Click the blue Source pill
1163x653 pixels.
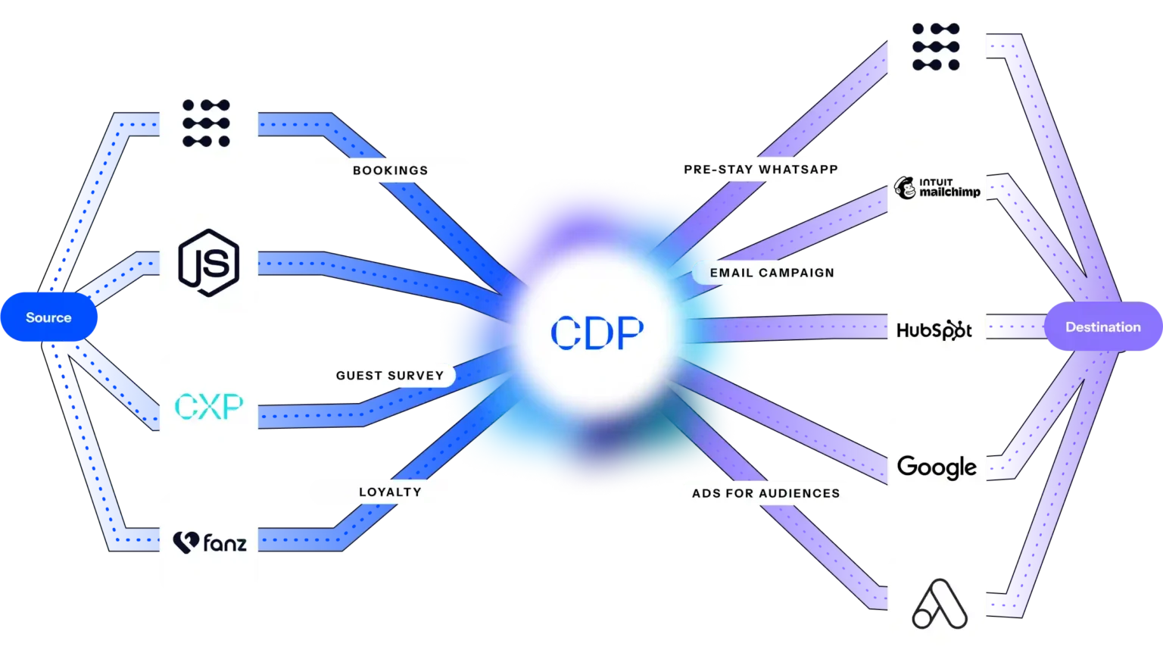pos(49,317)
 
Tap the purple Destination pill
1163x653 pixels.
pos(1102,327)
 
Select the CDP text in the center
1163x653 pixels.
pos(597,332)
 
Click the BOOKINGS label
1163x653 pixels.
pos(390,170)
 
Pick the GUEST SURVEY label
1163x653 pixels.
pos(389,375)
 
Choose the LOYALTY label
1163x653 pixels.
pos(390,492)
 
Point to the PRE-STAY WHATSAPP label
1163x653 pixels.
pos(760,170)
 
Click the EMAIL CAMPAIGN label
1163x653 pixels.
pos(772,273)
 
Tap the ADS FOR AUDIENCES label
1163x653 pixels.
pos(765,493)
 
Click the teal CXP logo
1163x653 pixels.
pos(209,406)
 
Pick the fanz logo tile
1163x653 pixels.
pos(209,542)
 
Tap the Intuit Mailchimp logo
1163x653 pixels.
pos(937,188)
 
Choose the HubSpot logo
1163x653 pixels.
pos(934,330)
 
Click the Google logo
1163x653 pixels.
pos(937,467)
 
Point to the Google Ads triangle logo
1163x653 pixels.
pos(939,604)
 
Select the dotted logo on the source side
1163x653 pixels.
pos(207,123)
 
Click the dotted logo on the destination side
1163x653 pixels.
pos(936,47)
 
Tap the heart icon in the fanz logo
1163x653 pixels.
pos(185,542)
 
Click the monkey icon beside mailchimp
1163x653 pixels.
pos(905,188)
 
